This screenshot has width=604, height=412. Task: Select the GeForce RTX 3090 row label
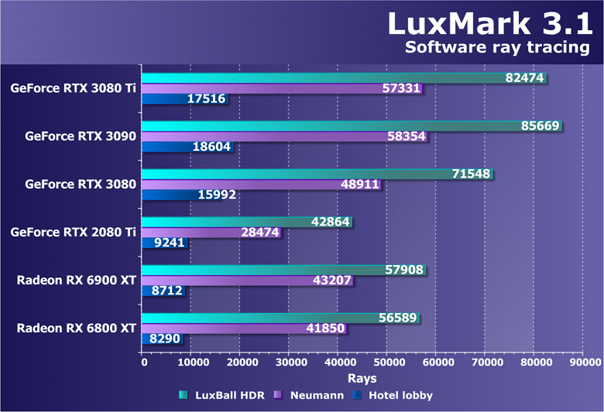coord(81,136)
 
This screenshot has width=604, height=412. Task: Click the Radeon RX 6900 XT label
coord(77,280)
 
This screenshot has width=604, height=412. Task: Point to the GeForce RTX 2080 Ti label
coord(74,232)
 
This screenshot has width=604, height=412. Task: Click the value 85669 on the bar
coord(539,125)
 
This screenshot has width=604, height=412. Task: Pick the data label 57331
coord(402,89)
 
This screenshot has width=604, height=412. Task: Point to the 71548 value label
coord(471,174)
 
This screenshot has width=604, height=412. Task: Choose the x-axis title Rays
coord(362,379)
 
